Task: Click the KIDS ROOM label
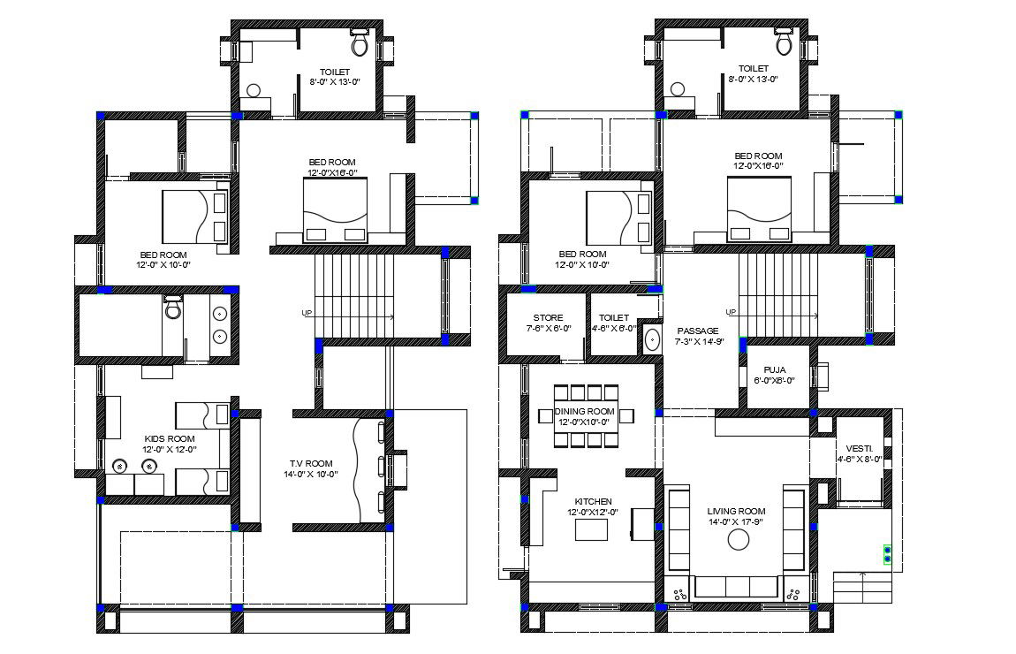(170, 438)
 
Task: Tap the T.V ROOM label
(311, 463)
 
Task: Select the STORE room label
(548, 318)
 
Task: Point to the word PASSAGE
(698, 331)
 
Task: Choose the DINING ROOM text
(584, 411)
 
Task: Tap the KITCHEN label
(593, 501)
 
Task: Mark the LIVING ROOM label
(736, 512)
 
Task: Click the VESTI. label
(859, 448)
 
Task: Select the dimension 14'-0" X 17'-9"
(736, 522)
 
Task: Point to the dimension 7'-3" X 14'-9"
(700, 341)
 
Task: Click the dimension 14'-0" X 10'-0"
(311, 475)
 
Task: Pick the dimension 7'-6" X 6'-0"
(548, 329)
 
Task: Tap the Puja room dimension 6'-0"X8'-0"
(775, 382)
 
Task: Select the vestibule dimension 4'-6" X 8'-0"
(860, 460)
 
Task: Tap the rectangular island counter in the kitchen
(592, 529)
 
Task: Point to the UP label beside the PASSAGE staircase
(731, 312)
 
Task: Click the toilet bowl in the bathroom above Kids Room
(173, 309)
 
